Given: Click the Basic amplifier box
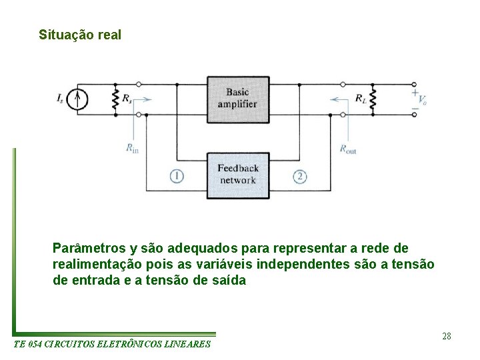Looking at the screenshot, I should pyautogui.click(x=238, y=99).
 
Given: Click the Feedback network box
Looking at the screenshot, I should pyautogui.click(x=238, y=175).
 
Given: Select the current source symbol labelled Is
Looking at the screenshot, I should pyautogui.click(x=79, y=99).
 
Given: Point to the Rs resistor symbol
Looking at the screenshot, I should pyautogui.click(x=115, y=99).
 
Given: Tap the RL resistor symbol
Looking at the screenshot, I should pyautogui.click(x=373, y=99).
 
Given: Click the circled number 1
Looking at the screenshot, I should pyautogui.click(x=177, y=176).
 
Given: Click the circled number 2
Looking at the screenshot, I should pyautogui.click(x=300, y=176).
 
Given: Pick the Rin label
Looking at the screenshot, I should pyautogui.click(x=132, y=149).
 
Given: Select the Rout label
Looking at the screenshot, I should pyautogui.click(x=348, y=149).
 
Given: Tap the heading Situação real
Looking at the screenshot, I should pyautogui.click(x=80, y=35).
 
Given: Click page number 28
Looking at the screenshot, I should pyautogui.click(x=446, y=336).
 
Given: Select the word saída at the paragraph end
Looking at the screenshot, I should pyautogui.click(x=229, y=281).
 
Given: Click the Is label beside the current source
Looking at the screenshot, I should pyautogui.click(x=61, y=99).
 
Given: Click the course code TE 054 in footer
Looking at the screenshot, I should pyautogui.click(x=29, y=344).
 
